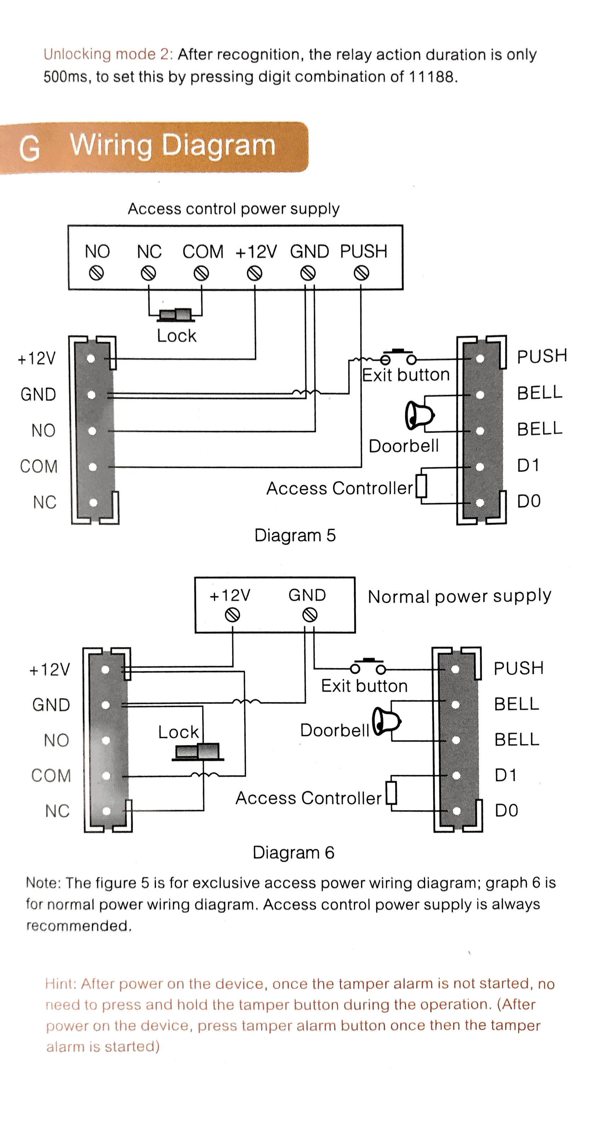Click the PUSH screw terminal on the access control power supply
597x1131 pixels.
361,273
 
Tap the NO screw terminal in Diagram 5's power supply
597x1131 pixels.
96,273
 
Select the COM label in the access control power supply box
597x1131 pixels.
203,252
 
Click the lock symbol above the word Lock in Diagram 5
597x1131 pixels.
175,314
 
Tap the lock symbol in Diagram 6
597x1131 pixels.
198,752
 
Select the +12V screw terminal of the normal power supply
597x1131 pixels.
232,615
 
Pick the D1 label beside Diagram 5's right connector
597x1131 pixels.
528,465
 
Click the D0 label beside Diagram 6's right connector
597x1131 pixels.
506,810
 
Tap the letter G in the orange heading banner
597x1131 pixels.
29,148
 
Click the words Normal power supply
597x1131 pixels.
459,597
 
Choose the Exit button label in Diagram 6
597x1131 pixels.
364,686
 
